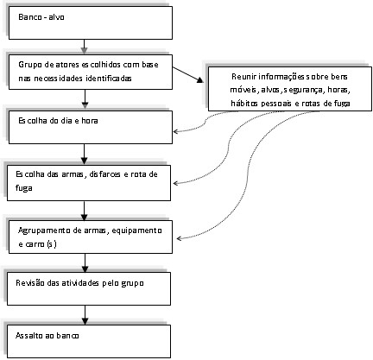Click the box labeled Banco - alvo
[x=91, y=22]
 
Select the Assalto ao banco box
[x=89, y=341]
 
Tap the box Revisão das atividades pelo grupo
[x=89, y=288]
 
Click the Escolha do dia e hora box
[x=91, y=127]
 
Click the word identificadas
[x=109, y=79]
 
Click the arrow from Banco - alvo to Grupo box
[x=84, y=47]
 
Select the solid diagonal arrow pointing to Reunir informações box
[x=188, y=75]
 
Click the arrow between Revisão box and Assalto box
[x=85, y=315]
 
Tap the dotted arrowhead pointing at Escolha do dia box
[x=175, y=131]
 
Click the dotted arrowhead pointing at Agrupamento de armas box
[x=180, y=238]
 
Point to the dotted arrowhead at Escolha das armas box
[x=175, y=183]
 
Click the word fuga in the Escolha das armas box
[x=24, y=189]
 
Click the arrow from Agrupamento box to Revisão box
[x=85, y=263]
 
